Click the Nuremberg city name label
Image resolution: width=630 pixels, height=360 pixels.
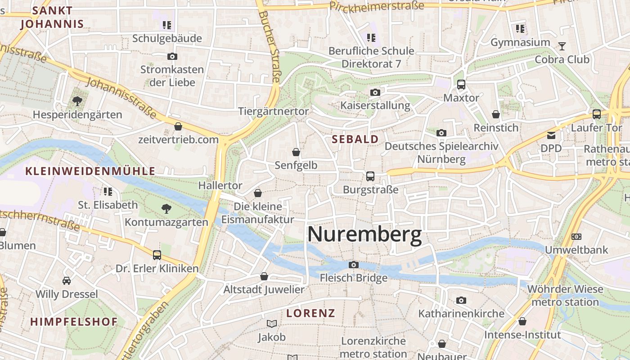coord(364,234)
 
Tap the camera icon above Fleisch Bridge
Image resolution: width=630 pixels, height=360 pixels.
coord(354,265)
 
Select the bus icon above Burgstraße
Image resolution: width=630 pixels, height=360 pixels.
coord(370,176)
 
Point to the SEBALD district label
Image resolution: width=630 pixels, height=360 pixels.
coord(355,139)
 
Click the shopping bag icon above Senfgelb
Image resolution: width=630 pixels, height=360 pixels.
coord(296,152)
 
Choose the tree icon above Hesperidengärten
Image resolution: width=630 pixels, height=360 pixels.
coord(77,101)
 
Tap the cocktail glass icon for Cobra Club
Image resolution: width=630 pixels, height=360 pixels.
coord(562,46)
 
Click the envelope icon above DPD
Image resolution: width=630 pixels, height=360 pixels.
coord(551,135)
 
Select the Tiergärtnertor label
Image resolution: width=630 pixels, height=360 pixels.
coord(274,111)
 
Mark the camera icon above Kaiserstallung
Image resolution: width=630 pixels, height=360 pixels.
coord(375,92)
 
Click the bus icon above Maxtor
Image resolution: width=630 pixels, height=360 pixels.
coord(461,84)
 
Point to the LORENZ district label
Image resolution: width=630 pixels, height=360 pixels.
coord(311,313)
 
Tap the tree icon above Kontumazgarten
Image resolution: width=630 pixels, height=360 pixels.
coord(166,208)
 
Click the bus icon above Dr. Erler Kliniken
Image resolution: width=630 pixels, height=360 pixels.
coord(157,255)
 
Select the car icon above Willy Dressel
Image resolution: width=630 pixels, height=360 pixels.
coord(67,281)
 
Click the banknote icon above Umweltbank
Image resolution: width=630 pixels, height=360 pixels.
coord(576,236)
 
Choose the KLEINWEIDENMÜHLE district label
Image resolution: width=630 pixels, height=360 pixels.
coord(90,171)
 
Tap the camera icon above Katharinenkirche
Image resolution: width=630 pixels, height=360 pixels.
coord(461,300)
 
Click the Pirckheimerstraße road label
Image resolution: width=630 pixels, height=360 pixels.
coord(377,6)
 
